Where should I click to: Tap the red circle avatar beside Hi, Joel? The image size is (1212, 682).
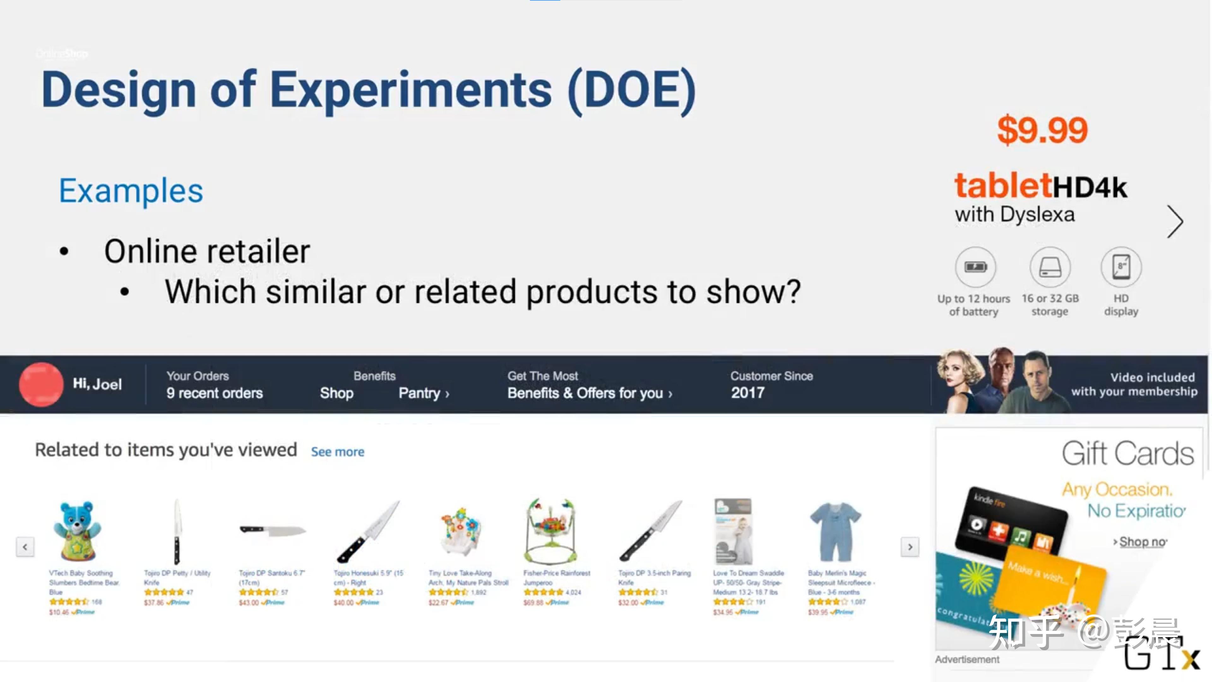(41, 384)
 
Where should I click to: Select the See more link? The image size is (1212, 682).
(337, 452)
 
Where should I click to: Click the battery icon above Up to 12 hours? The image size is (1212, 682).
(975, 267)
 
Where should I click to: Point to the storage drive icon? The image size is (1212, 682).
(1050, 267)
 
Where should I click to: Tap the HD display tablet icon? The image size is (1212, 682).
(1121, 267)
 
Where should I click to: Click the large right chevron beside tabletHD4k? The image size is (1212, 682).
(1175, 221)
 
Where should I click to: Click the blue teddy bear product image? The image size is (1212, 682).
(77, 531)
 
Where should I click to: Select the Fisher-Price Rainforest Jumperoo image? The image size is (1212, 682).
(550, 531)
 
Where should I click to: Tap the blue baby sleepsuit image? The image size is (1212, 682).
(835, 531)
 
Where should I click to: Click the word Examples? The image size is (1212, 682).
(131, 191)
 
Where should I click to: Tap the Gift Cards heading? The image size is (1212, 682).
(1127, 453)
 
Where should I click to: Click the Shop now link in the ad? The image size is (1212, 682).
(1142, 542)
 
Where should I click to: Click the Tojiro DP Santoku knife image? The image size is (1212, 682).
(272, 531)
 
